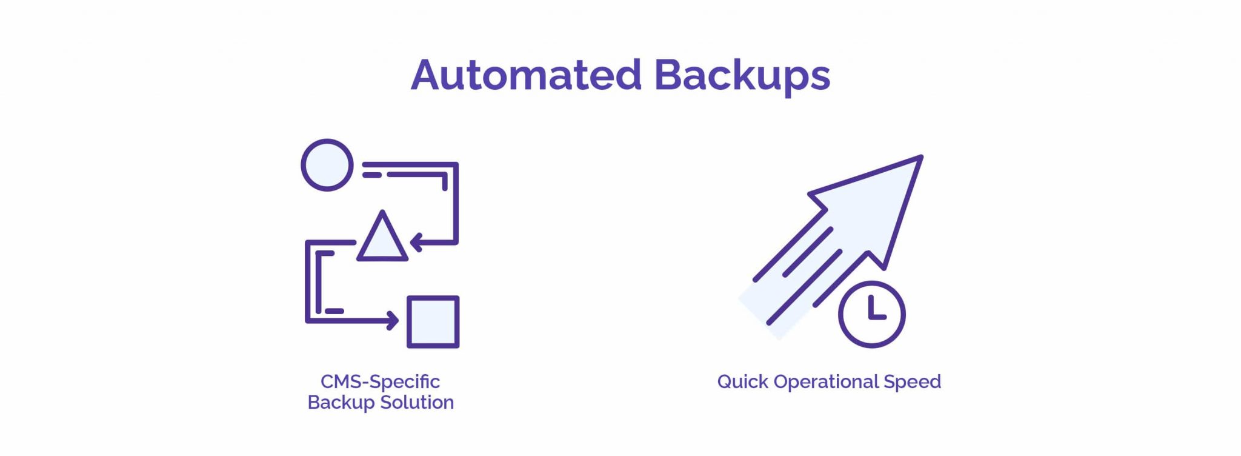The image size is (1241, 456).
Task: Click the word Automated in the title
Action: pyautogui.click(x=526, y=75)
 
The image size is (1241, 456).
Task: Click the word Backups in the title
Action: pyautogui.click(x=742, y=76)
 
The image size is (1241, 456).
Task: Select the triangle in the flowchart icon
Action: pyautogui.click(x=382, y=237)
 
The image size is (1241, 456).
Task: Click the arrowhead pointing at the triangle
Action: pyautogui.click(x=416, y=243)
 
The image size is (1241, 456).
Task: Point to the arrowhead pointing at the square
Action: pyautogui.click(x=392, y=320)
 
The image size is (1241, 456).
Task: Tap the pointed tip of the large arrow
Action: pyautogui.click(x=922, y=156)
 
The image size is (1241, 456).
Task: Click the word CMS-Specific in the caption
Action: pyautogui.click(x=380, y=382)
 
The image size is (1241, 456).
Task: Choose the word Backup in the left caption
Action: pyautogui.click(x=341, y=403)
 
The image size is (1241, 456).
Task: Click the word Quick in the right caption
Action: pyautogui.click(x=743, y=382)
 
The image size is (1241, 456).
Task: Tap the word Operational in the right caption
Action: pyautogui.click(x=826, y=382)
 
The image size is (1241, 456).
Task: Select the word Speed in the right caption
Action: pyautogui.click(x=912, y=382)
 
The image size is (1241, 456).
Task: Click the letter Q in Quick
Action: pyautogui.click(x=726, y=382)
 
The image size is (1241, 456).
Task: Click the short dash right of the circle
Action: pyautogui.click(x=372, y=175)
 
